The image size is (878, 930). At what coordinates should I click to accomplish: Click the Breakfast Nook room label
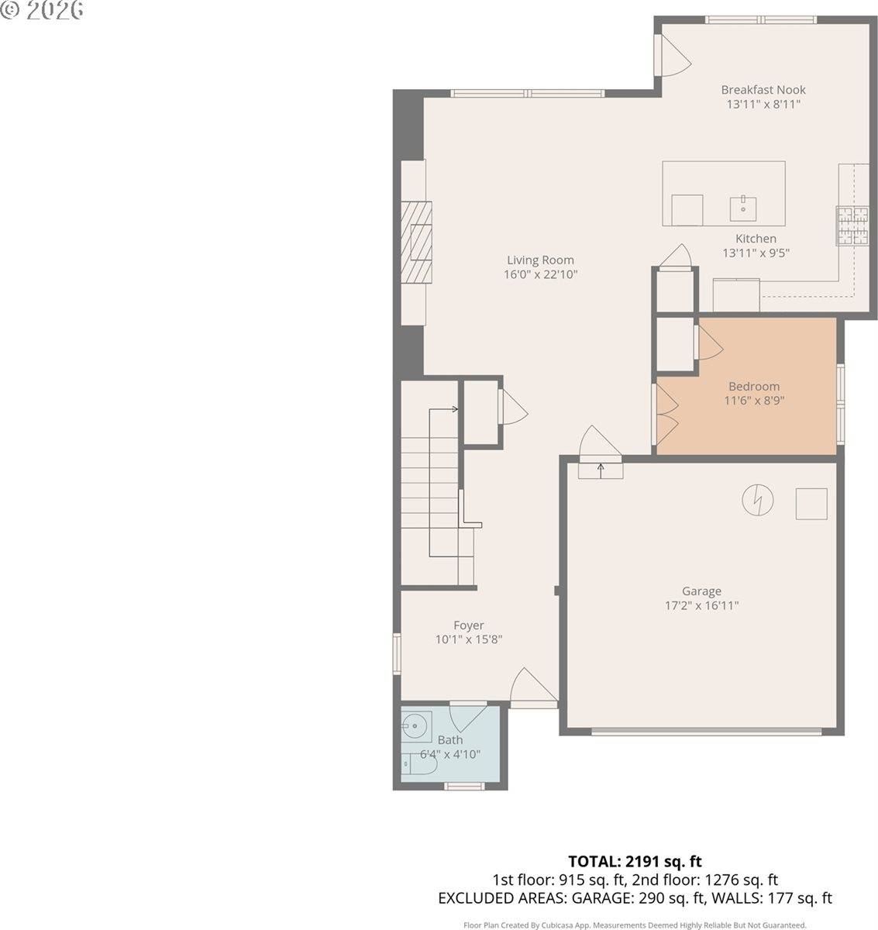(x=763, y=90)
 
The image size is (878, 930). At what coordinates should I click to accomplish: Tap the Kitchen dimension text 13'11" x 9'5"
(x=756, y=253)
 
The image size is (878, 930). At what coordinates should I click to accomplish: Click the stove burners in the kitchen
(x=852, y=226)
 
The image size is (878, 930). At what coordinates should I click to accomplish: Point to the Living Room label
(x=540, y=260)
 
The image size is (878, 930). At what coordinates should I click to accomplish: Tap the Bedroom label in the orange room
(x=754, y=387)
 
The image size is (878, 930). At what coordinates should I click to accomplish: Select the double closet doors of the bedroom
(x=666, y=411)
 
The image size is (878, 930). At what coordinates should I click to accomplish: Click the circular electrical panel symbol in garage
(x=757, y=500)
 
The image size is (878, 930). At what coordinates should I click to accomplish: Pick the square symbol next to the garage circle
(x=811, y=503)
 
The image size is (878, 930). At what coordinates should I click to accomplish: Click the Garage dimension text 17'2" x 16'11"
(x=701, y=605)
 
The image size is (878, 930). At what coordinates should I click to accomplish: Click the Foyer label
(x=469, y=625)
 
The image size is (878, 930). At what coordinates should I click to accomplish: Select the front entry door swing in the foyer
(x=533, y=687)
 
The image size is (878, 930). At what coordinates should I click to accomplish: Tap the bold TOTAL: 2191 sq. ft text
(x=635, y=861)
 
